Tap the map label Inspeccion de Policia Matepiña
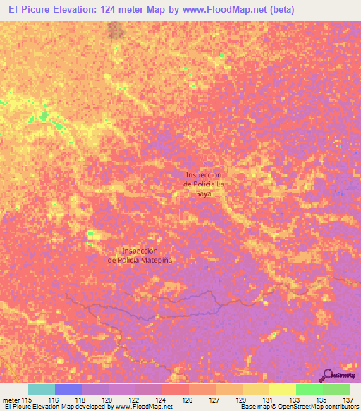140,255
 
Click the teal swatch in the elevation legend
42,389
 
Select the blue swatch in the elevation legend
68,389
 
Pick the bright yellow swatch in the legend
283,389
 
